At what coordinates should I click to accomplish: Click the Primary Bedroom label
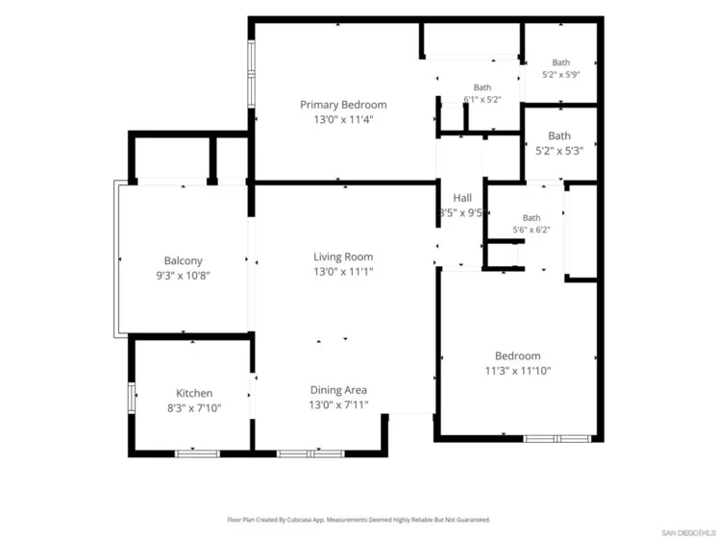click(x=343, y=105)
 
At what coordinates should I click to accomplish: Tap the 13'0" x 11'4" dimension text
click(x=343, y=119)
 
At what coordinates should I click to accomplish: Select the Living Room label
click(x=343, y=257)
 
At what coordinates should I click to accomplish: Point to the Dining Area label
click(x=338, y=390)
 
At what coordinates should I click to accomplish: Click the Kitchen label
click(x=194, y=393)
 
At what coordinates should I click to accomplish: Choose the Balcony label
click(x=184, y=261)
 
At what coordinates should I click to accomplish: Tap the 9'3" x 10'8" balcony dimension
click(x=184, y=276)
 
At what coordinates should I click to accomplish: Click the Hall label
click(x=462, y=198)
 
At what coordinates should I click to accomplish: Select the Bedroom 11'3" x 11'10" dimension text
click(x=518, y=371)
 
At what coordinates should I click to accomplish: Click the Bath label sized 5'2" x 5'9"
click(x=561, y=62)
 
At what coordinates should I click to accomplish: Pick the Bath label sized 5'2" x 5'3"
click(x=559, y=136)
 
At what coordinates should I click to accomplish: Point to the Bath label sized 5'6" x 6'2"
click(x=532, y=218)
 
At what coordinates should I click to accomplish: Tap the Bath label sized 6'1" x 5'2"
click(x=483, y=87)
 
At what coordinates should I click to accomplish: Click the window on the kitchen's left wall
click(x=132, y=398)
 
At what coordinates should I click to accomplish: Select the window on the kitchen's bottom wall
click(x=197, y=453)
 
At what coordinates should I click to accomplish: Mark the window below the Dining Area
click(x=310, y=453)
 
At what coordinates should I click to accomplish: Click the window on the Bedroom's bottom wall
click(x=557, y=439)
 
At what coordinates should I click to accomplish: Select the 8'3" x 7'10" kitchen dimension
click(x=194, y=408)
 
